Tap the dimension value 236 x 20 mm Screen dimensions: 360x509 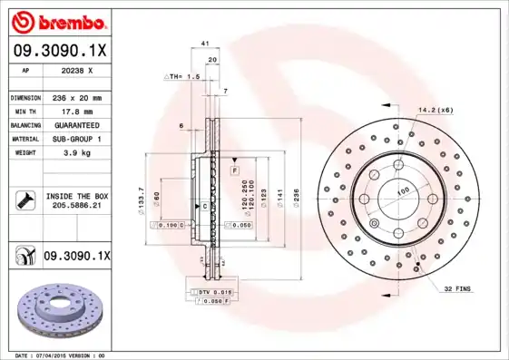coord(75,97)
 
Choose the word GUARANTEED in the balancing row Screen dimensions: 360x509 coord(75,124)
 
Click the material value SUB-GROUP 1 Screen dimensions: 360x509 coord(75,139)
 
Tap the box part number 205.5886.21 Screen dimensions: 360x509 coord(76,206)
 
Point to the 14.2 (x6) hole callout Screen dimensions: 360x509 coord(436,110)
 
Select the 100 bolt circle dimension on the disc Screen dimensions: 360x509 coord(403,190)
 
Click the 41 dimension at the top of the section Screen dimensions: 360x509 coord(205,44)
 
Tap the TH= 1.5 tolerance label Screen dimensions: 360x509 coord(182,77)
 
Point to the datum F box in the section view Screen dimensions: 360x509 coord(234,170)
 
